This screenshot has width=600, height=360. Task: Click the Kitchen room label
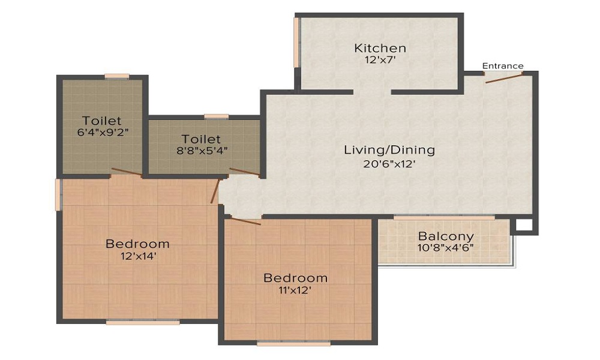pos(380,48)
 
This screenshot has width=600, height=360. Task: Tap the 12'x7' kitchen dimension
pos(380,60)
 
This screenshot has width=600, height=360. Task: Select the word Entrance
pos(503,66)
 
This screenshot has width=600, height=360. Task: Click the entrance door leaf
pos(503,78)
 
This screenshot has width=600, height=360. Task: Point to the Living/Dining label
pos(389,149)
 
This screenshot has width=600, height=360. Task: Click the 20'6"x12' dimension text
pos(389,164)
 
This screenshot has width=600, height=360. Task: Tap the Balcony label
pos(446,236)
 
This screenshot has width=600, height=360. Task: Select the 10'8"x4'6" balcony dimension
pos(446,248)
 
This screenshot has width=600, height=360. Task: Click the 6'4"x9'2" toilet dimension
pos(103,133)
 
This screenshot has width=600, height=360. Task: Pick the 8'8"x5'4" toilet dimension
pos(202,151)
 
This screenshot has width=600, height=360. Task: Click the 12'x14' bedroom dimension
pos(139,256)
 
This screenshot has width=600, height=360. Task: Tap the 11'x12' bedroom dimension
pos(295,290)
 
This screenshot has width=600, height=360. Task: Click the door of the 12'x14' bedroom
pos(215,191)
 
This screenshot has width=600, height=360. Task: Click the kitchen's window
pos(296,43)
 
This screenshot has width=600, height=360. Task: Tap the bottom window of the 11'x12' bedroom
pos(294,344)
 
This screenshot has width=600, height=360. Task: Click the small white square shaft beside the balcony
pos(524,225)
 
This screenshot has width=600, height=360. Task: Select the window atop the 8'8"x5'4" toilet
pos(216,116)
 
